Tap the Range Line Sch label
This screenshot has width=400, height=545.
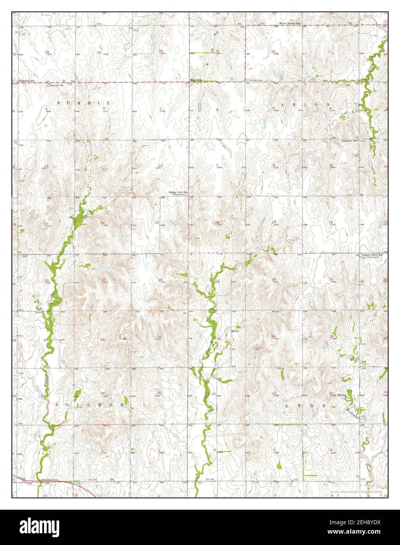(179, 193)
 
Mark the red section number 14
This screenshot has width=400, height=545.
(103, 223)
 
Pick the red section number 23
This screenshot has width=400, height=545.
(104, 280)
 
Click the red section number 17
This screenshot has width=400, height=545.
(274, 222)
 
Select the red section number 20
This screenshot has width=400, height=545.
(273, 280)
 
